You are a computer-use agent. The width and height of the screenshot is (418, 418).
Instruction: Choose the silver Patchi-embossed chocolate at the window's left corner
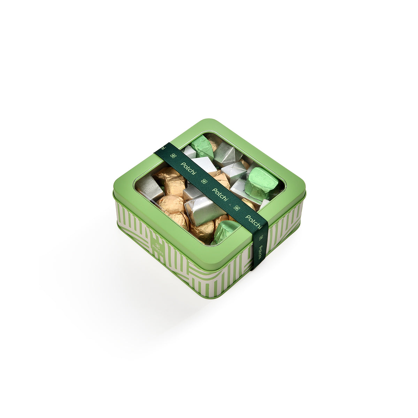pyautogui.click(x=149, y=187)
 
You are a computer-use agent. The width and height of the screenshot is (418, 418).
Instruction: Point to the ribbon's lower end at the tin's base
pyautogui.click(x=256, y=267)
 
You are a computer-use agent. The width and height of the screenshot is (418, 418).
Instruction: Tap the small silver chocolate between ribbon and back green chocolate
pyautogui.click(x=190, y=152)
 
